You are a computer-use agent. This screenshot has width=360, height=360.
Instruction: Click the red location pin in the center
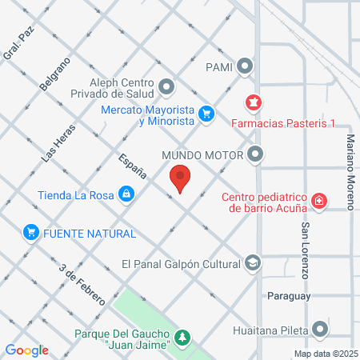tap(180, 177)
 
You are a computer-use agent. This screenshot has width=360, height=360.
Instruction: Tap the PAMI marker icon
tap(246, 66)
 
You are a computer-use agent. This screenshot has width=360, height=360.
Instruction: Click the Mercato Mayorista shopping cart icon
tap(206, 114)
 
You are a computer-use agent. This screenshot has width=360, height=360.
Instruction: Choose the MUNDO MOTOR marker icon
tap(255, 154)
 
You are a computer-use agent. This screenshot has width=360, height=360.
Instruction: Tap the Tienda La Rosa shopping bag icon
tap(126, 194)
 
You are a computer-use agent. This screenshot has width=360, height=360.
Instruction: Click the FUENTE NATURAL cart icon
tap(31, 233)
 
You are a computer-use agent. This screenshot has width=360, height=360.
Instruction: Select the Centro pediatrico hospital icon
tap(319, 201)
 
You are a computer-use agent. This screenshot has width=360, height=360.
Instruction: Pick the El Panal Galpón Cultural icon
tap(254, 263)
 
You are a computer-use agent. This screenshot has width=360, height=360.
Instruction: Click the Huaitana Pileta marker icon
tap(321, 328)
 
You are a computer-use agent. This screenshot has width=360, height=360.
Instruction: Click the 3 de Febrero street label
tap(82, 283)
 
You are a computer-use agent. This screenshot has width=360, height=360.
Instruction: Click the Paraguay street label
tap(288, 295)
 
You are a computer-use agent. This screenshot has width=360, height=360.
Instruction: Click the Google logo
tap(27, 350)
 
